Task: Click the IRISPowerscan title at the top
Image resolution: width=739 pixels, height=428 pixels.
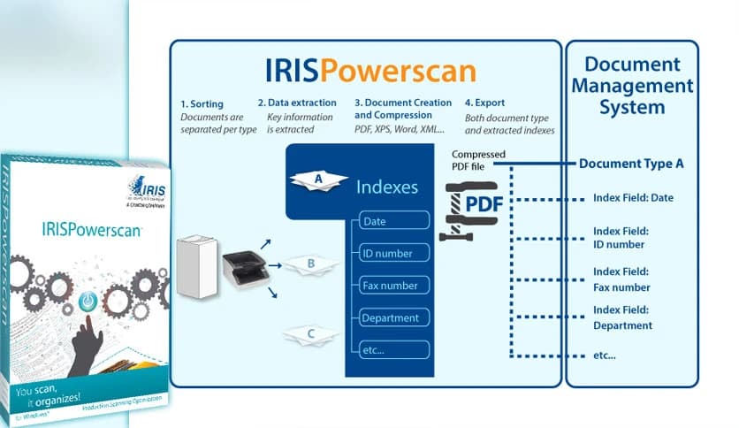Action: click(370, 71)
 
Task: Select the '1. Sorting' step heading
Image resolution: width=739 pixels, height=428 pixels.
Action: click(204, 103)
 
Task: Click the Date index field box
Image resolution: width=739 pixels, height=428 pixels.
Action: click(394, 222)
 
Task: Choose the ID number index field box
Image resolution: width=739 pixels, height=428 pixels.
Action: click(394, 254)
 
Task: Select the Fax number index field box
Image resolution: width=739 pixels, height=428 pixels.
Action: click(394, 286)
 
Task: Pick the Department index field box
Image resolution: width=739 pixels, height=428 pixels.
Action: click(394, 317)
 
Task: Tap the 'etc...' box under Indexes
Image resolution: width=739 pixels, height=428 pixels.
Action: click(394, 350)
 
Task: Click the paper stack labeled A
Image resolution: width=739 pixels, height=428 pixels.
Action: click(317, 180)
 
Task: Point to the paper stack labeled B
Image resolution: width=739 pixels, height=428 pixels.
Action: click(310, 263)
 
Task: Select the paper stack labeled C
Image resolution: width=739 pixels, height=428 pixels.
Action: click(310, 334)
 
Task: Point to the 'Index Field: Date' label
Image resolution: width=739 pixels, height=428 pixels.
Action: click(633, 198)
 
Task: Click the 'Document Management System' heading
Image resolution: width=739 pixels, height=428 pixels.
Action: click(632, 87)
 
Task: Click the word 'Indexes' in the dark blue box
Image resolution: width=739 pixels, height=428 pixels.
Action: click(387, 187)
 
